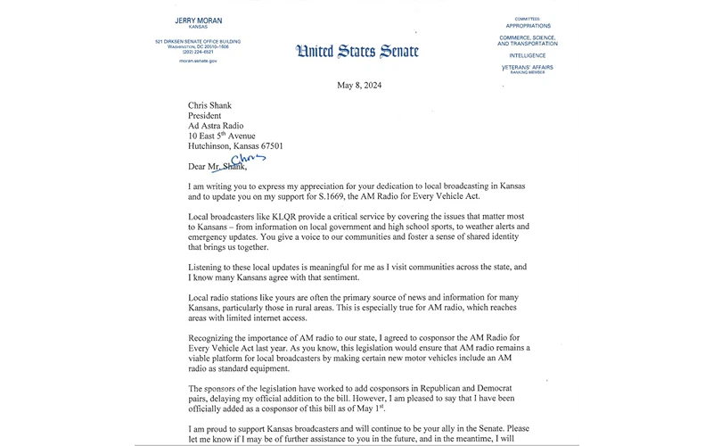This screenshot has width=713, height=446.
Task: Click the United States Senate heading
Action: pyautogui.click(x=356, y=50)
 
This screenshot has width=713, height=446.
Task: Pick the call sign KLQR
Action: pyautogui.click(x=286, y=217)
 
